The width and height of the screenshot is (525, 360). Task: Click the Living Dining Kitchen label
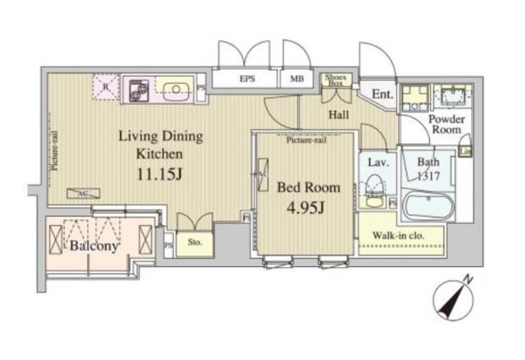(162, 145)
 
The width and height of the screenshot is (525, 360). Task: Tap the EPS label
(246, 79)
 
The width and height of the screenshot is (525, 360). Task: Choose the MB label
(296, 79)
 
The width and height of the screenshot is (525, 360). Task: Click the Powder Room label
(444, 124)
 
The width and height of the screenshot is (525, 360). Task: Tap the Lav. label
(376, 162)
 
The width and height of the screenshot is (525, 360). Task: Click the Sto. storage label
(192, 241)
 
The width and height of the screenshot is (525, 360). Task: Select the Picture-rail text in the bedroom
(305, 141)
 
